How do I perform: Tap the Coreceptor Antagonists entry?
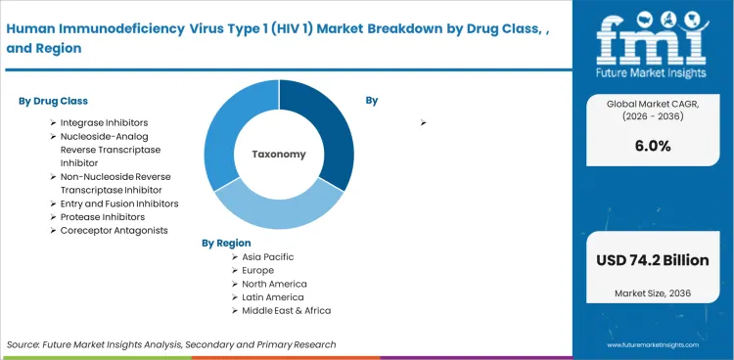click(115, 230)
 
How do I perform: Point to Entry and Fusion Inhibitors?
click(119, 203)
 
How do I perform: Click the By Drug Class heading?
click(55, 101)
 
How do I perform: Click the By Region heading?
click(226, 242)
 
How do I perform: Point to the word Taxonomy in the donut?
click(279, 155)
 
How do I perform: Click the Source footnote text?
click(171, 344)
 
